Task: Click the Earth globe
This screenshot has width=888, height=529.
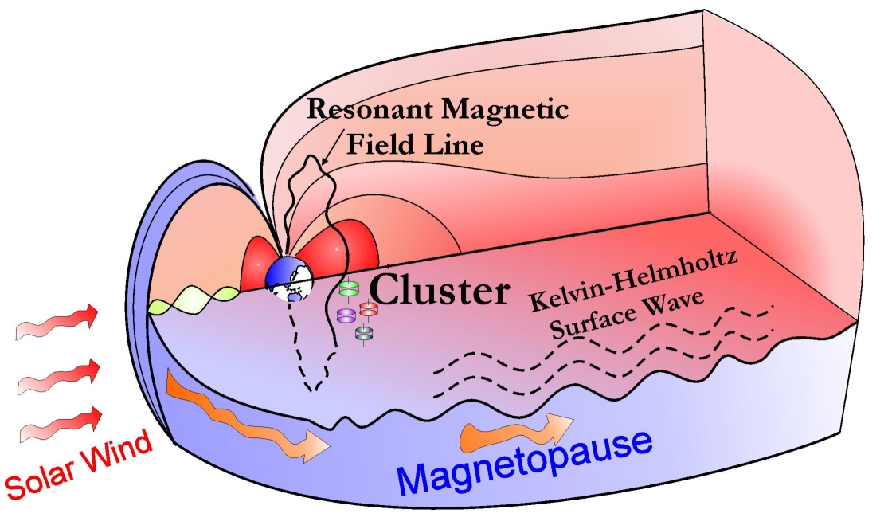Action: tap(289, 280)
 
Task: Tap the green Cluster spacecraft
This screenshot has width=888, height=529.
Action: tap(348, 286)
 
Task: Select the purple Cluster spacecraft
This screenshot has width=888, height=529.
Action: tap(346, 315)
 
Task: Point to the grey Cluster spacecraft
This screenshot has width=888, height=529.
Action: tap(364, 334)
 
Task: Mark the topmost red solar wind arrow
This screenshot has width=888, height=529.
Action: tap(60, 322)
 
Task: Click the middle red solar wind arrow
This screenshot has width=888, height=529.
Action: tap(60, 377)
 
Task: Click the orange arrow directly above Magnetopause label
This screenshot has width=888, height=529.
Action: tap(514, 430)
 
